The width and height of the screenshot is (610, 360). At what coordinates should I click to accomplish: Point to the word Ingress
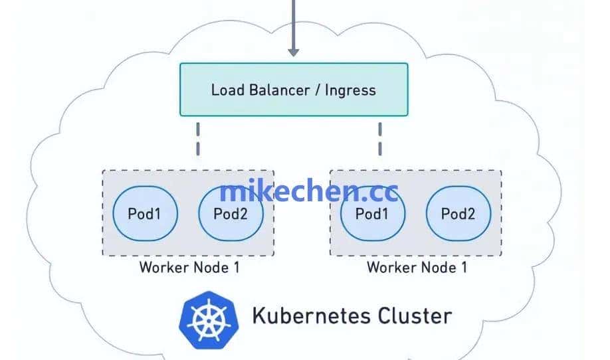coord(350,90)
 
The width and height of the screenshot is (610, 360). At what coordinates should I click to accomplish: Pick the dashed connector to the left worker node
coord(197,138)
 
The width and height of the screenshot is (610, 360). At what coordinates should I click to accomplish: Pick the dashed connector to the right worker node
coord(380,138)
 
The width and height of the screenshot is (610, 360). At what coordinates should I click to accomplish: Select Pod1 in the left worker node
coord(144,214)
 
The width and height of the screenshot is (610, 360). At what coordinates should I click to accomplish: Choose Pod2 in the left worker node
coord(231,214)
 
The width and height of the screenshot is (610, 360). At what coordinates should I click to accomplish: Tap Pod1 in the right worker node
coord(372,214)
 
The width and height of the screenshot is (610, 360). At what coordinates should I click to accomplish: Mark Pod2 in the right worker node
coord(458,214)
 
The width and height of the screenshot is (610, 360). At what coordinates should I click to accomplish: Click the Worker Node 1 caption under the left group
coord(189,268)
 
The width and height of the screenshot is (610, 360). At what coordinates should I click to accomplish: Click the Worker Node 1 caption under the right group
coord(417,268)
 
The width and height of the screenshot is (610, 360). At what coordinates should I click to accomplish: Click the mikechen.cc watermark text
coord(309,192)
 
